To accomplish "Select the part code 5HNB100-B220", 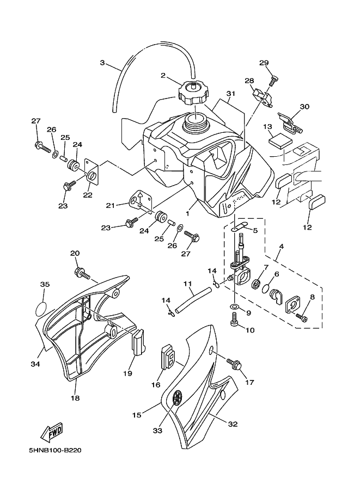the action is pyautogui.click(x=53, y=450).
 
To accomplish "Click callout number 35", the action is pyautogui.click(x=45, y=284).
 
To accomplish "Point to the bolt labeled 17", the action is pyautogui.click(x=234, y=364).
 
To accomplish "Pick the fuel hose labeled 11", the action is pyautogui.click(x=193, y=299).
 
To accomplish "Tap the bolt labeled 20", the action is pyautogui.click(x=82, y=272).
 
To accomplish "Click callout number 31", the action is pyautogui.click(x=230, y=94).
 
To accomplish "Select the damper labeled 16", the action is pyautogui.click(x=169, y=358).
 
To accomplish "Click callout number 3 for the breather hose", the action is pyautogui.click(x=102, y=63).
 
